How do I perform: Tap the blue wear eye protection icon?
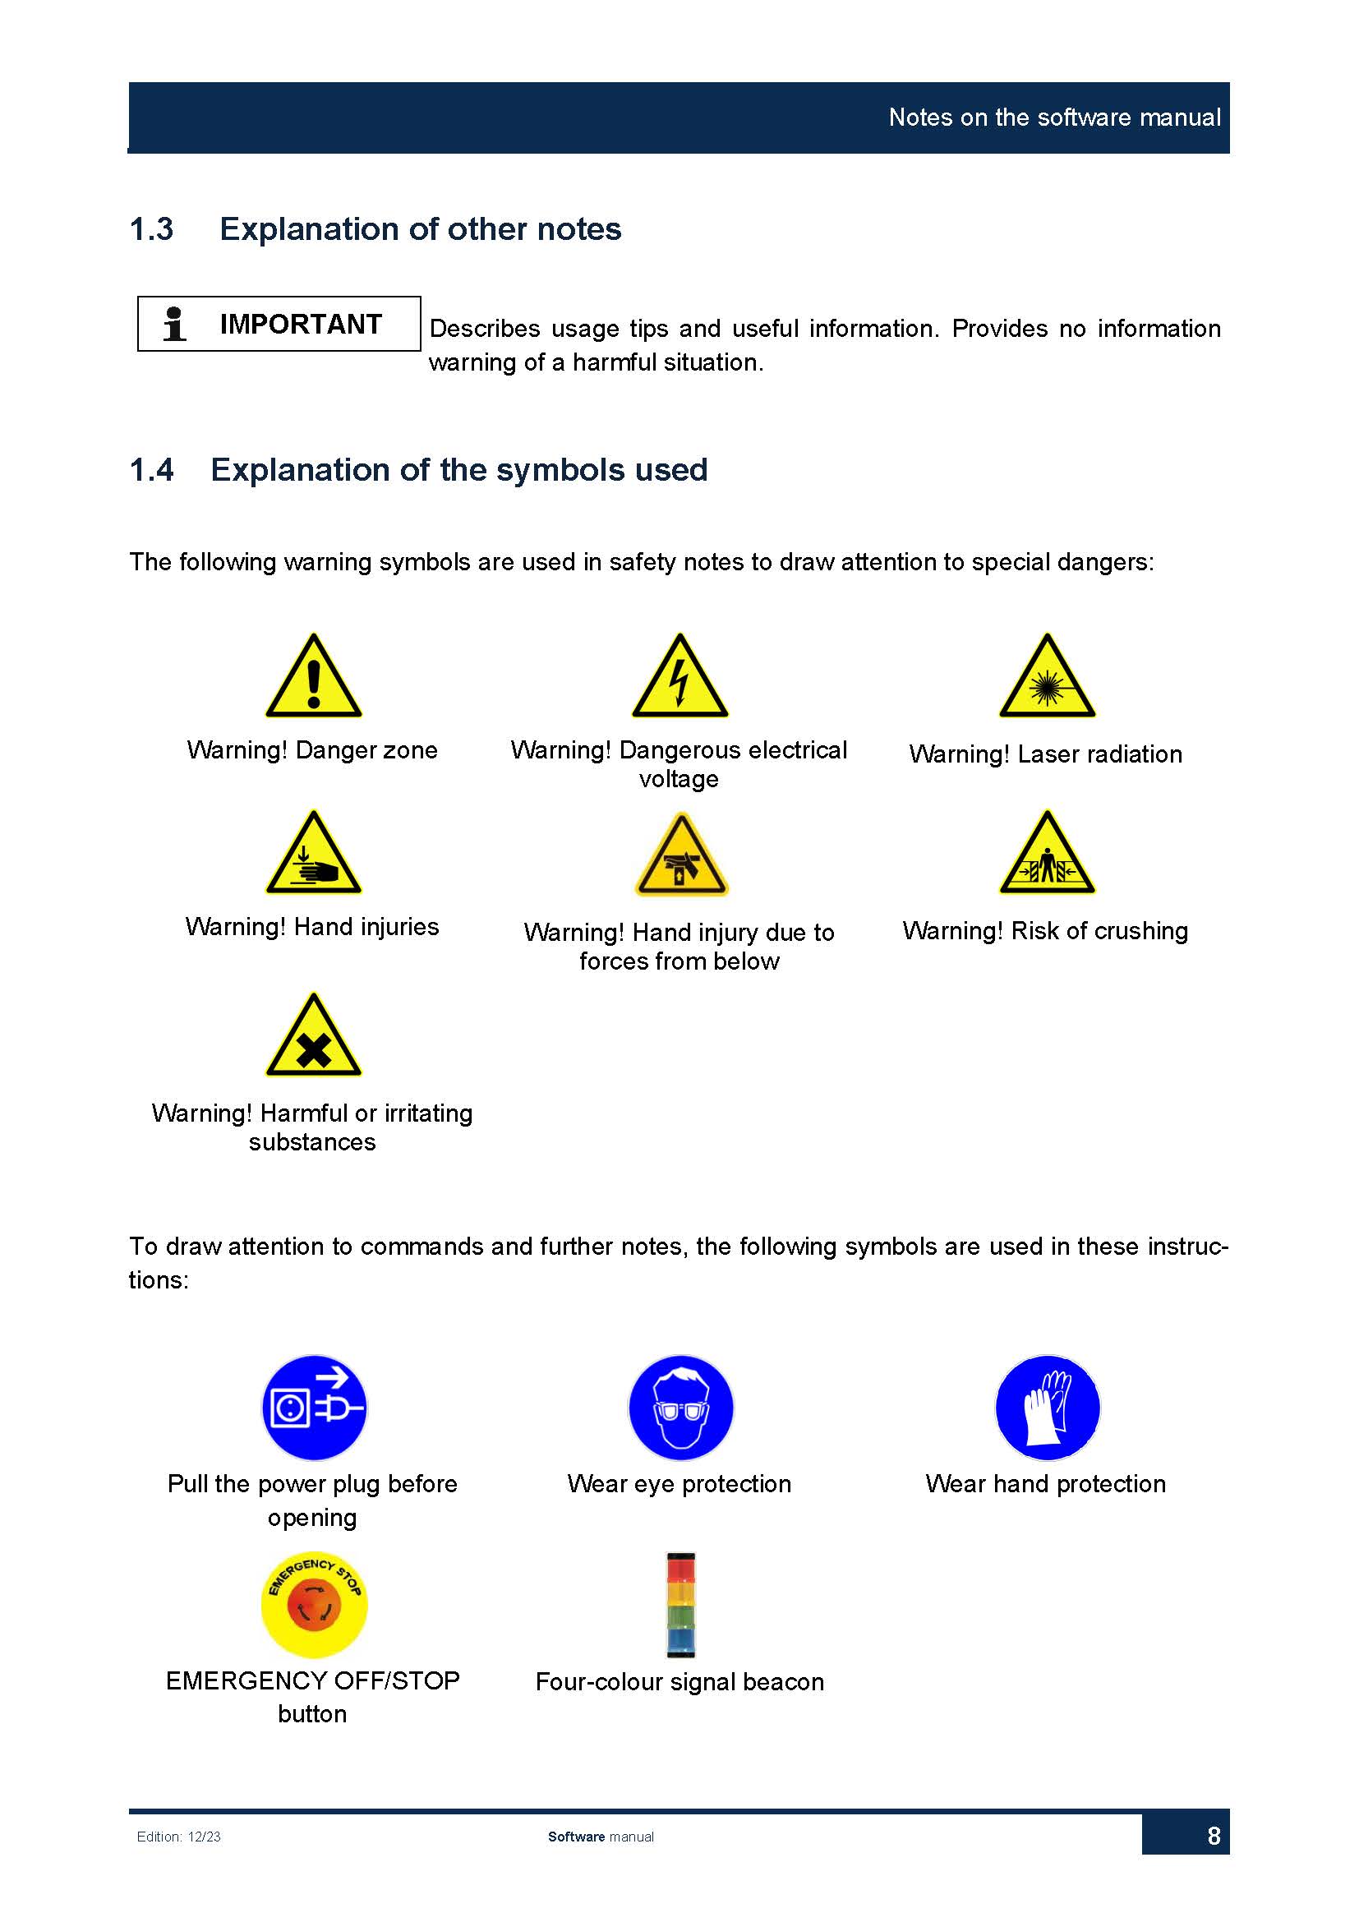(x=680, y=1408)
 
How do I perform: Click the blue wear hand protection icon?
(x=1047, y=1408)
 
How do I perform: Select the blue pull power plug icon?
(x=314, y=1408)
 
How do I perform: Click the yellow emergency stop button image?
(x=314, y=1604)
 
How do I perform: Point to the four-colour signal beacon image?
(x=680, y=1605)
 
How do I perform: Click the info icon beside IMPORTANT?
(x=174, y=324)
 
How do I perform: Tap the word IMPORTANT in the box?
(x=301, y=324)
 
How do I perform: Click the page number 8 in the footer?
(x=1214, y=1836)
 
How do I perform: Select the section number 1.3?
(x=151, y=229)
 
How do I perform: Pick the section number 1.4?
(x=151, y=471)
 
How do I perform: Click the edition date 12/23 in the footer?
(x=205, y=1837)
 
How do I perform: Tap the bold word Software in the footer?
(x=576, y=1837)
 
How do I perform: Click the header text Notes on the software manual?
(x=1054, y=118)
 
